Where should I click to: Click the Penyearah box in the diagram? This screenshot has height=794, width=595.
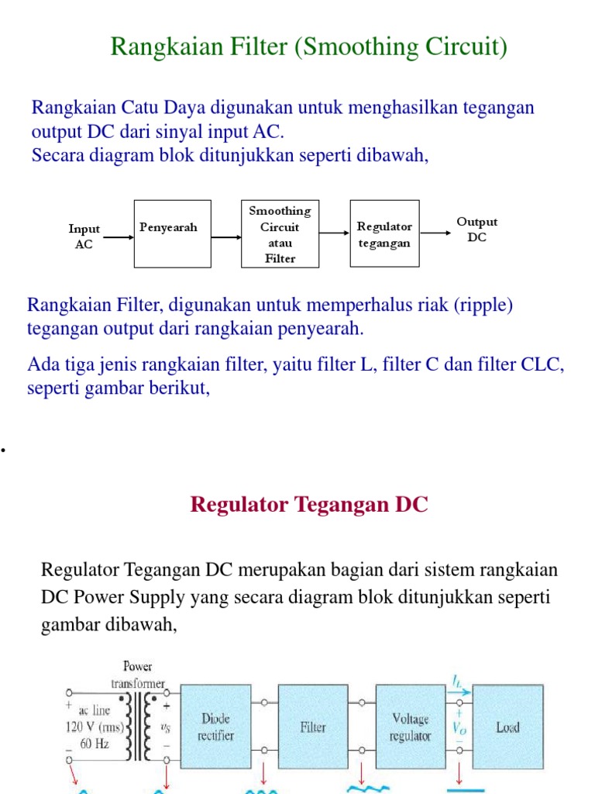[x=168, y=233]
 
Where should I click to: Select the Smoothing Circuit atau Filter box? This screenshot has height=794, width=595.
[x=280, y=233]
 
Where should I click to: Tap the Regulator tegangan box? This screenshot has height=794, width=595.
[x=384, y=233]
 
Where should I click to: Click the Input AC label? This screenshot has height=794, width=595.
[x=84, y=236]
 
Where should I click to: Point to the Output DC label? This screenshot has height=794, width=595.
[x=477, y=230]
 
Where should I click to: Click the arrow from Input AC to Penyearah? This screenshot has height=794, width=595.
[x=118, y=237]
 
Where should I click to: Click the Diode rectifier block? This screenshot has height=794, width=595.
[x=215, y=727]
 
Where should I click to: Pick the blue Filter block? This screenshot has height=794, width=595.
[x=312, y=727]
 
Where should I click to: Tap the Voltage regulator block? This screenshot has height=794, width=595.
[x=411, y=727]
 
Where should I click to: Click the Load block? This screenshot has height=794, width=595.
[x=507, y=727]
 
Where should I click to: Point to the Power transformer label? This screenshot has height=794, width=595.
[x=138, y=674]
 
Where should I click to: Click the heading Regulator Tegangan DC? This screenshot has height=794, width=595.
[x=308, y=505]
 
